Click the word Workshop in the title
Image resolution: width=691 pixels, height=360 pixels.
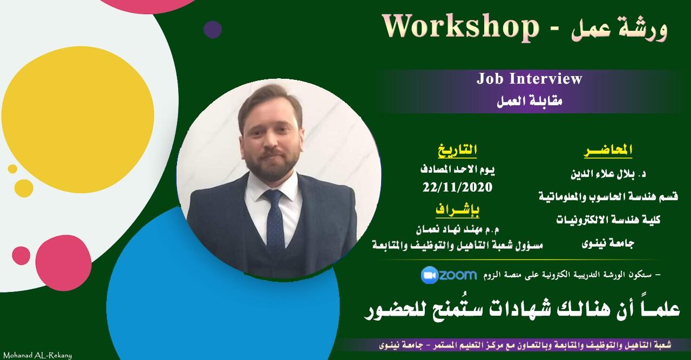pyautogui.click(x=460, y=28)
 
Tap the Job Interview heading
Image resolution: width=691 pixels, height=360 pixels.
pyautogui.click(x=530, y=79)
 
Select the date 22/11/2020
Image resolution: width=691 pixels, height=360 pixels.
pyautogui.click(x=457, y=187)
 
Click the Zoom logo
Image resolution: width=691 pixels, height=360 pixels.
pyautogui.click(x=449, y=275)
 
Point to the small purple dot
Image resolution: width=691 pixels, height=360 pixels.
pyautogui.click(x=213, y=30)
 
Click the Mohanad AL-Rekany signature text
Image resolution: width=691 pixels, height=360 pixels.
pyautogui.click(x=38, y=356)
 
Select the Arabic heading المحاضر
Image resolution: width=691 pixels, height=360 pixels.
pyautogui.click(x=608, y=151)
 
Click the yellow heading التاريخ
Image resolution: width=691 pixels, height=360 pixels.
pyautogui.click(x=457, y=150)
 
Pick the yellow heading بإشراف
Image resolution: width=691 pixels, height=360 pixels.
pyautogui.click(x=458, y=210)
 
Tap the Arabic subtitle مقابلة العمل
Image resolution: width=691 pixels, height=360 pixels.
pyautogui.click(x=530, y=101)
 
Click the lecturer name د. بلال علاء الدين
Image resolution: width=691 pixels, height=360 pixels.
pyautogui.click(x=608, y=174)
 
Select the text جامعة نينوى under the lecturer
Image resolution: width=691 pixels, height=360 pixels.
pyautogui.click(x=608, y=244)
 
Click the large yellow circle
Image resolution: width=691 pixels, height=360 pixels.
pyautogui.click(x=78, y=120)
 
